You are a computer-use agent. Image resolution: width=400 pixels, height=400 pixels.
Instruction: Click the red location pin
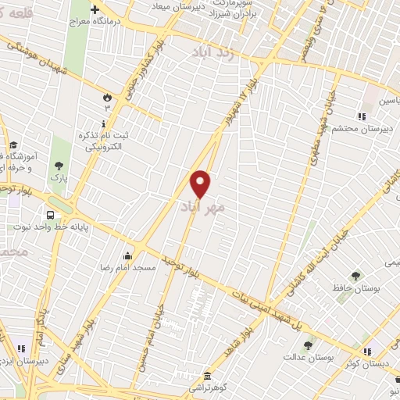pyautogui.click(x=201, y=183)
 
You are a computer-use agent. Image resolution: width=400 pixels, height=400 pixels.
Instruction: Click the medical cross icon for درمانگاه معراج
pyautogui.click(x=95, y=10)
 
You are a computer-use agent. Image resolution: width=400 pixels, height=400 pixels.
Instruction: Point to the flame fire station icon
pyautogui.click(x=106, y=96)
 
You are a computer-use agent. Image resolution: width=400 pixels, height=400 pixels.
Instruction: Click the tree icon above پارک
pyautogui.click(x=59, y=165)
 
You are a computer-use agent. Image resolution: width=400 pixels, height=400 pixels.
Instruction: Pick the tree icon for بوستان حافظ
pyautogui.click(x=355, y=275)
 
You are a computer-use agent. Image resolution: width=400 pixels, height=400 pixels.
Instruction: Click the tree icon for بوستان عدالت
pyautogui.click(x=309, y=344)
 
